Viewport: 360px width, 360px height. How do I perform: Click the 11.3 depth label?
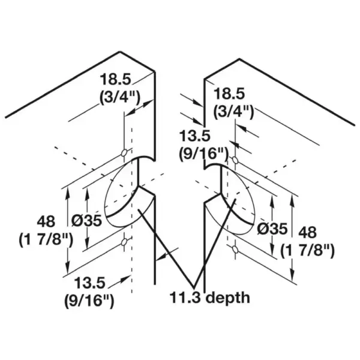point(209,298)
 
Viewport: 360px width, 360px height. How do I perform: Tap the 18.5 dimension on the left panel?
point(115,79)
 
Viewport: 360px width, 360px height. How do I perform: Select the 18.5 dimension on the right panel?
point(229,94)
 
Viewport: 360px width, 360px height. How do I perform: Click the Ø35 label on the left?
point(86,221)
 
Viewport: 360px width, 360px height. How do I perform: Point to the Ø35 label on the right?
point(272,229)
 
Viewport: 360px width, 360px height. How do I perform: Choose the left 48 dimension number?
point(46,222)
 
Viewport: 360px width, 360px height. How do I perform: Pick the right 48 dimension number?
point(307,232)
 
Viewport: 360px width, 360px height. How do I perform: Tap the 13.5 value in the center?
point(194,136)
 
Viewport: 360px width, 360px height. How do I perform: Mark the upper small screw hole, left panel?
point(124,152)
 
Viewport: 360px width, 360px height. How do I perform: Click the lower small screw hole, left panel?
point(124,242)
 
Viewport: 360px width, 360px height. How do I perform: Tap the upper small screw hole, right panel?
point(235,160)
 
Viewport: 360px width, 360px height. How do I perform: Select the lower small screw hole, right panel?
point(235,249)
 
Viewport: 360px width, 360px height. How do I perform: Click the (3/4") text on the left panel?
point(119,97)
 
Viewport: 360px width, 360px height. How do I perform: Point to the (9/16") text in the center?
point(203,154)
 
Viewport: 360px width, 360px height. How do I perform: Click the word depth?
point(228,298)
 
